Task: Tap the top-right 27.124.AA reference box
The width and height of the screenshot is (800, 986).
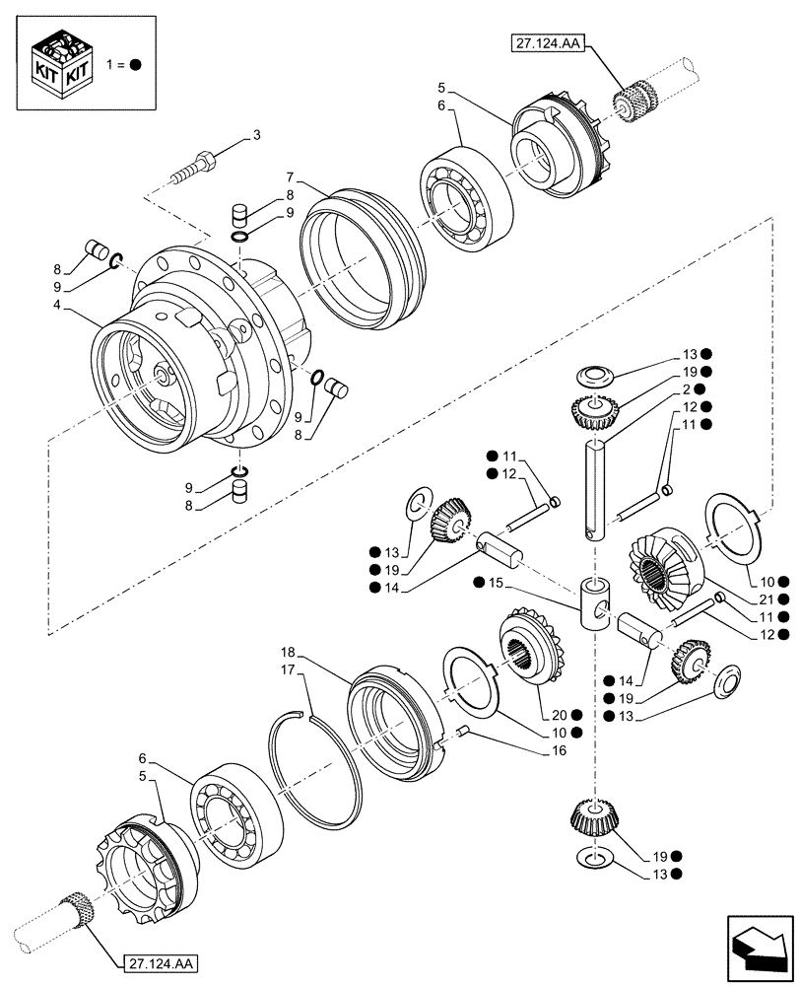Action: point(544,42)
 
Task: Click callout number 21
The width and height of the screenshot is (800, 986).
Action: point(765,599)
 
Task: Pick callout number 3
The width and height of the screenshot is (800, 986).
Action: point(256,135)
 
